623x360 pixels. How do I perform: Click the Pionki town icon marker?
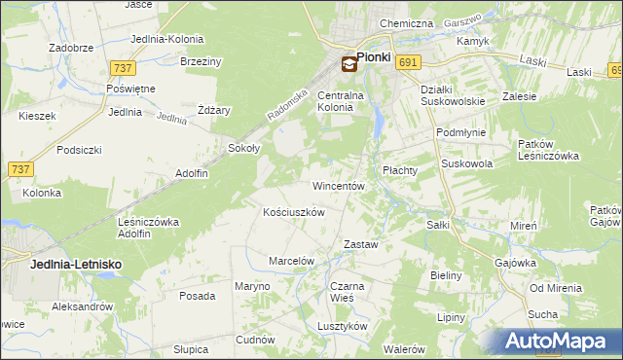pos(348,65)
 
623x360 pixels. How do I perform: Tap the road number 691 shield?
pos(408,62)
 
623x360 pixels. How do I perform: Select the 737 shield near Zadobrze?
pos(122,68)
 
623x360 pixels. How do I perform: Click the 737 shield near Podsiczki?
pos(19,169)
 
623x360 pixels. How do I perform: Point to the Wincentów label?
pos(338,185)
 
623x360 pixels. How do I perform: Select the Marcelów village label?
pos(291,261)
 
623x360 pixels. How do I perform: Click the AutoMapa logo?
pos(557,342)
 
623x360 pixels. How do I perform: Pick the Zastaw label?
pos(361,244)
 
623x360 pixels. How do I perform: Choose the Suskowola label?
pos(467,164)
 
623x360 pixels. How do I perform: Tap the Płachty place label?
pos(399,169)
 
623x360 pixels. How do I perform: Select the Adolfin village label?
pos(192,173)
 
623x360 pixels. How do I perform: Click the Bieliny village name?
pos(446,275)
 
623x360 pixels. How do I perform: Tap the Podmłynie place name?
pos(460,130)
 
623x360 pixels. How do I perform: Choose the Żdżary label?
pos(214,110)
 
